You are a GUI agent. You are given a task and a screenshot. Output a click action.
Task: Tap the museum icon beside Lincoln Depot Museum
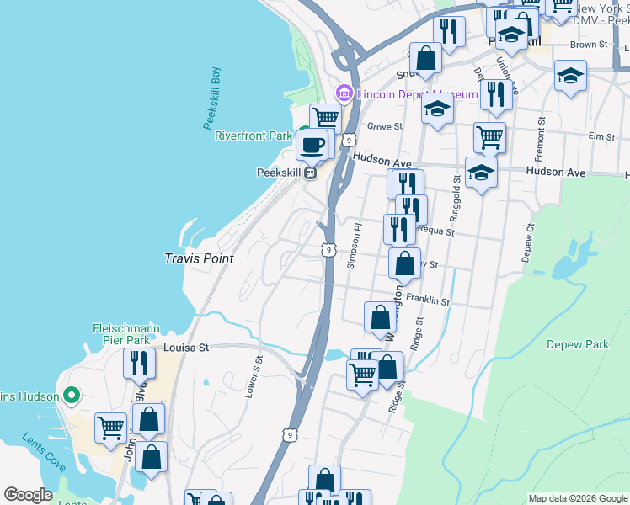[344, 93]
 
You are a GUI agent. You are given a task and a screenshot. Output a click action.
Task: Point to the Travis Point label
[199, 259]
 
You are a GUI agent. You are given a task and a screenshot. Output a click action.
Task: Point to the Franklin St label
[428, 300]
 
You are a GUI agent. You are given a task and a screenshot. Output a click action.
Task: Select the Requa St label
[435, 231]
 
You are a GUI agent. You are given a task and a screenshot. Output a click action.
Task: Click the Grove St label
[385, 127]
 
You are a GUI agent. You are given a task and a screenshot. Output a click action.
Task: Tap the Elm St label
[601, 136]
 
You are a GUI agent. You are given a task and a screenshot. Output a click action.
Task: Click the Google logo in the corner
[29, 495]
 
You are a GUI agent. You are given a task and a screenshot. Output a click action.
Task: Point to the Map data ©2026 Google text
[578, 498]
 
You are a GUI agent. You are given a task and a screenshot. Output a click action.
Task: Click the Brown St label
[588, 45]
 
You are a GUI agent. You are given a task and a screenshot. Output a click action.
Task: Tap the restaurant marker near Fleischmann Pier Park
[139, 363]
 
